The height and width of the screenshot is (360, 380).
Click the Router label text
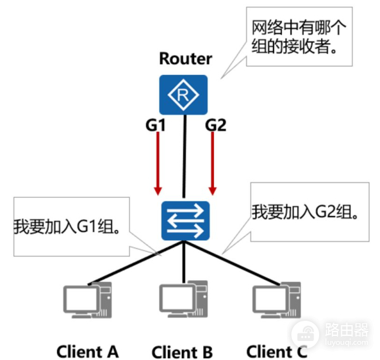(x=185, y=60)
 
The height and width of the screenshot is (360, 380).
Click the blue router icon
(x=184, y=95)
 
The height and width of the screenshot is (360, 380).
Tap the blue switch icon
(x=184, y=220)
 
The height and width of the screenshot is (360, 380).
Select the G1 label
(x=155, y=125)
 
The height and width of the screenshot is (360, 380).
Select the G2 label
(x=215, y=125)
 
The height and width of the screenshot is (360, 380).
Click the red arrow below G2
(x=213, y=165)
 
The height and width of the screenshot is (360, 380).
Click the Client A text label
(x=87, y=350)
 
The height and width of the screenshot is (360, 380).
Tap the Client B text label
(x=182, y=352)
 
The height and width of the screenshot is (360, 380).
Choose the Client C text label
(x=276, y=350)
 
